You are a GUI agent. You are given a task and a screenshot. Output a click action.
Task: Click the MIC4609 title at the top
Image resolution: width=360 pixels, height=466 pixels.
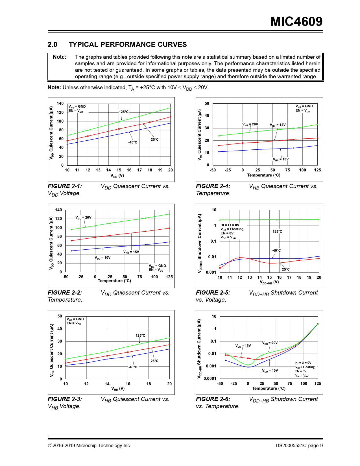click(x=296, y=22)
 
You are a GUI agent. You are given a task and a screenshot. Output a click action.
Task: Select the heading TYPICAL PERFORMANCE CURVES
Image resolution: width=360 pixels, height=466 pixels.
click(x=128, y=45)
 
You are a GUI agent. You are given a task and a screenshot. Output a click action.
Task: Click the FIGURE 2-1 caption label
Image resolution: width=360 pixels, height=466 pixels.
click(x=65, y=186)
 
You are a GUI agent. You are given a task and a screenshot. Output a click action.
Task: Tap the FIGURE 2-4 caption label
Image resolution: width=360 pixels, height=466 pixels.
click(x=213, y=186)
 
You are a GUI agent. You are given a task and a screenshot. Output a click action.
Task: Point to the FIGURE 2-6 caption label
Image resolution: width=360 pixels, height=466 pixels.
click(x=213, y=399)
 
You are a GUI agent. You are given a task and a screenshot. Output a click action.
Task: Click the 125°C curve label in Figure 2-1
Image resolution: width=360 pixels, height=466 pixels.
click(x=124, y=112)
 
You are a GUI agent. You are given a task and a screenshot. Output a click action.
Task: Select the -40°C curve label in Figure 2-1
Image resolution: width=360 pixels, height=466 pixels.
click(x=133, y=142)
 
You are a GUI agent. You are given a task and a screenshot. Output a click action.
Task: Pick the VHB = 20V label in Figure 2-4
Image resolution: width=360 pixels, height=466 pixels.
click(x=250, y=124)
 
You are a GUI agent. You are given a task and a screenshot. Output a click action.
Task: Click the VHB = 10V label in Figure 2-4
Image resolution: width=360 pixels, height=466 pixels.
click(x=281, y=159)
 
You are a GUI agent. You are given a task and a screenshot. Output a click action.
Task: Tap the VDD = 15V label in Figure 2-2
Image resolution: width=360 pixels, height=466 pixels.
click(x=131, y=252)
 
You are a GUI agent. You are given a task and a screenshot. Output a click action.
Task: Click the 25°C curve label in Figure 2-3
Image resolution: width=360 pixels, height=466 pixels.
click(x=154, y=361)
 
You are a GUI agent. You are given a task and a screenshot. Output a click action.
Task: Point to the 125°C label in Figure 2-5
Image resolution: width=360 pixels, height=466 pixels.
click(x=277, y=232)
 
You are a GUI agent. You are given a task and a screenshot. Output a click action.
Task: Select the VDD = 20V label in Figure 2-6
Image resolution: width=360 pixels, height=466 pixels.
click(x=270, y=343)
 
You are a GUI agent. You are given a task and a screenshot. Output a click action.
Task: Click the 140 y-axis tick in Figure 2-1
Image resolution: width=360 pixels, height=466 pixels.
click(x=60, y=103)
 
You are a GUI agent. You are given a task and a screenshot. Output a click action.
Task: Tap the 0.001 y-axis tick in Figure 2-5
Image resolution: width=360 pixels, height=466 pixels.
click(x=211, y=272)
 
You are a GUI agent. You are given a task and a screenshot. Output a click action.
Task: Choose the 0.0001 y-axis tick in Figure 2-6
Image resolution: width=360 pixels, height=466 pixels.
click(x=210, y=378)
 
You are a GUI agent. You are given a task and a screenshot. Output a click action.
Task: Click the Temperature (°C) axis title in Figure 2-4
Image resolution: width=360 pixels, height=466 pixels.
click(x=264, y=175)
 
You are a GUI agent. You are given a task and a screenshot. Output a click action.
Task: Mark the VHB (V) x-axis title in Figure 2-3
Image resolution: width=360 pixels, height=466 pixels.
click(x=118, y=389)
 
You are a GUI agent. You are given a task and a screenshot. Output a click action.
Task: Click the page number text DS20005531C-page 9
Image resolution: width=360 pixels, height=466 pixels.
click(x=299, y=446)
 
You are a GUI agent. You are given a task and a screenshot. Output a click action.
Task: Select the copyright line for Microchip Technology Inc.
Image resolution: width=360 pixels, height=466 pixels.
click(x=89, y=446)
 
